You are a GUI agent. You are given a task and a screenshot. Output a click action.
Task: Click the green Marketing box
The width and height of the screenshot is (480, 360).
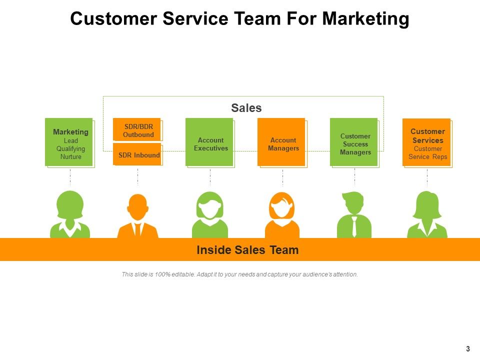(x=69, y=141)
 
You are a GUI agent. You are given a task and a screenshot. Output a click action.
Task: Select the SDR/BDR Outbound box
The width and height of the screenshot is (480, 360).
(x=136, y=129)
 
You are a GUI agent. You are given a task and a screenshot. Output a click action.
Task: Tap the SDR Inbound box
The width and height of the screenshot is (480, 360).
(x=136, y=154)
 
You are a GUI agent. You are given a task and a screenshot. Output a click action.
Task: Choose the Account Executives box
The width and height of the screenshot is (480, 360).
(x=209, y=141)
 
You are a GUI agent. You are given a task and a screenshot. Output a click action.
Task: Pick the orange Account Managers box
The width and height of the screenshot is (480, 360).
(x=281, y=141)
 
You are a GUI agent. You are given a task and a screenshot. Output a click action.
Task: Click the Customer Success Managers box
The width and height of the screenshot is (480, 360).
(x=353, y=141)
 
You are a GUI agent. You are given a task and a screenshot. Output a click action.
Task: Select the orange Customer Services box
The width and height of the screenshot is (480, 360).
(x=426, y=141)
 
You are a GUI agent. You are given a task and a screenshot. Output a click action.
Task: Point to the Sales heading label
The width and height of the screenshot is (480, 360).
(x=246, y=108)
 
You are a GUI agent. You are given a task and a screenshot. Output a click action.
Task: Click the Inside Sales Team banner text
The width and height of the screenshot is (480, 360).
(x=247, y=250)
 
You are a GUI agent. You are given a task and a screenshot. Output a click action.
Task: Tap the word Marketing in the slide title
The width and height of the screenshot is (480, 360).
(x=365, y=19)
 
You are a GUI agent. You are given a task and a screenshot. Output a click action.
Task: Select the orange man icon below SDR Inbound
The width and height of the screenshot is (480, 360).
(x=137, y=216)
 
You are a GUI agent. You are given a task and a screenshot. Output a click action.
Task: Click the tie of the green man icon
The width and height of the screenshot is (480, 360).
(x=354, y=227)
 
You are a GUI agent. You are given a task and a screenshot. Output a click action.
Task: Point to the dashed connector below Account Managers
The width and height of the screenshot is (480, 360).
(x=282, y=177)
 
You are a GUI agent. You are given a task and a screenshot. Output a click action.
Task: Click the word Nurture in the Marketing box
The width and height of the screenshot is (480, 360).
(x=70, y=157)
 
